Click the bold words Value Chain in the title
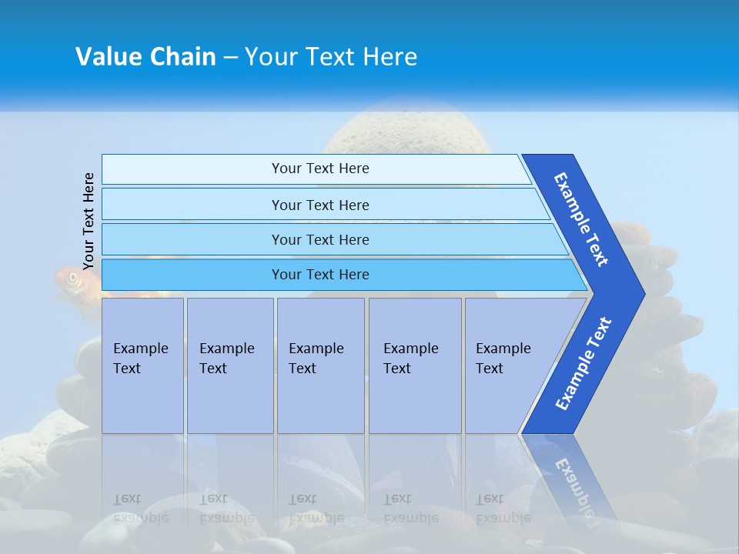pyautogui.click(x=145, y=57)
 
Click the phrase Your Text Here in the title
pyautogui.click(x=331, y=57)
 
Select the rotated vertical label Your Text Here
pyautogui.click(x=89, y=221)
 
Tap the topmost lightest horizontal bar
pyautogui.click(x=319, y=169)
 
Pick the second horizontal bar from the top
pyautogui.click(x=319, y=205)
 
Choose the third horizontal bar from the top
pyautogui.click(x=319, y=239)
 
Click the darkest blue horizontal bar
pyautogui.click(x=319, y=275)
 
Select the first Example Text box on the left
pyautogui.click(x=142, y=365)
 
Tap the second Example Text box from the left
pyautogui.click(x=229, y=365)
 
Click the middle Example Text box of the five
pyautogui.click(x=320, y=365)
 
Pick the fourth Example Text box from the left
pyautogui.click(x=415, y=365)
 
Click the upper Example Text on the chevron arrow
pyautogui.click(x=581, y=219)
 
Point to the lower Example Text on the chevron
pyautogui.click(x=583, y=364)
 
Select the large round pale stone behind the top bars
pyautogui.click(x=404, y=131)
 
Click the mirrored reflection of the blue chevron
pyautogui.click(x=570, y=477)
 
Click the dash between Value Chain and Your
pyautogui.click(x=229, y=57)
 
